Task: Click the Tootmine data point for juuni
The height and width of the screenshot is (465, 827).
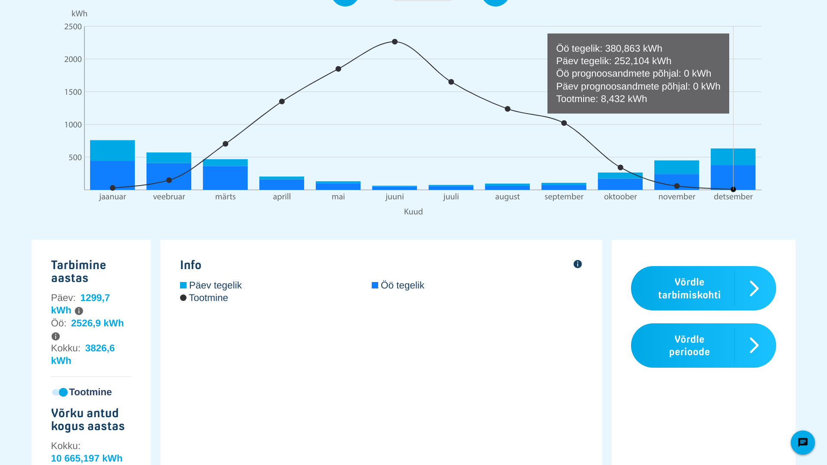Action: tap(395, 42)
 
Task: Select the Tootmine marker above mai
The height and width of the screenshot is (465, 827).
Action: tap(338, 69)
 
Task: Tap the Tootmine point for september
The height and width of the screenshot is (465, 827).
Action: tap(564, 123)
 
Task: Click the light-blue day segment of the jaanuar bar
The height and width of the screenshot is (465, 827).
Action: tap(112, 150)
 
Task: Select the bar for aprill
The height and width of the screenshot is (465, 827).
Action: tap(282, 183)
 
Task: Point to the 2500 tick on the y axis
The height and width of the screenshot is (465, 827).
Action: tap(73, 27)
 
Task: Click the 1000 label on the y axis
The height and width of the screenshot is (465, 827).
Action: tap(73, 125)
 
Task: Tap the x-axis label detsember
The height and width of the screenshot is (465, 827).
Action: tap(733, 197)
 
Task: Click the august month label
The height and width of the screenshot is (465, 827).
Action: tap(507, 197)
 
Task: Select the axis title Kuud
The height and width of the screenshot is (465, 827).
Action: tap(413, 212)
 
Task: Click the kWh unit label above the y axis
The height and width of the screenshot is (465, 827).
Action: tap(79, 14)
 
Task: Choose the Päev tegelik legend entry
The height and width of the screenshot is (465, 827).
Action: tap(211, 285)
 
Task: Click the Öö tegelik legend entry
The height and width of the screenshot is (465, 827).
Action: tap(398, 285)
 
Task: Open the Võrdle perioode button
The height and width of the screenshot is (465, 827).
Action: tap(703, 346)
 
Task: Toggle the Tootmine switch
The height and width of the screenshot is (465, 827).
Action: tap(60, 392)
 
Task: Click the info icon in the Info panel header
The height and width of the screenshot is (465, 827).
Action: tap(578, 264)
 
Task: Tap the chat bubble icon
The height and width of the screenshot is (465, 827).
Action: tap(802, 443)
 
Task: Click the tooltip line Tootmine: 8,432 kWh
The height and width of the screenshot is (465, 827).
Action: tap(601, 99)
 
